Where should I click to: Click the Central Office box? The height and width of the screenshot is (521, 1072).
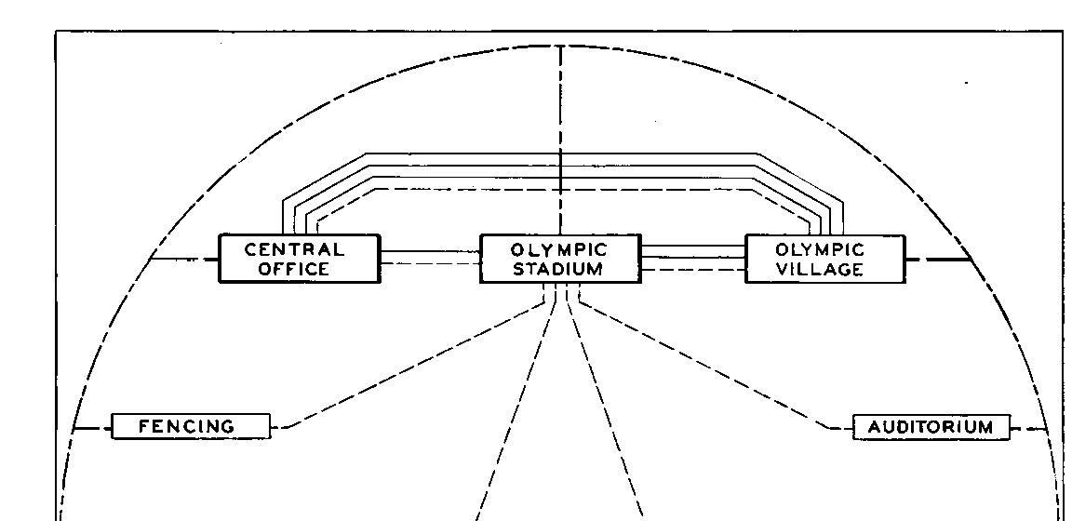(299, 259)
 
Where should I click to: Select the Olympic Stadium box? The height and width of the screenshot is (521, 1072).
(560, 259)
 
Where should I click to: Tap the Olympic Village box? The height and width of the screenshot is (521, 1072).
(824, 259)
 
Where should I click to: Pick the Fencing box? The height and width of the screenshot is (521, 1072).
(191, 427)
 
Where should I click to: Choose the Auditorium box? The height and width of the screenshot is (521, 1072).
(931, 427)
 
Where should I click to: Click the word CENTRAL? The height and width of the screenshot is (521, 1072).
(294, 249)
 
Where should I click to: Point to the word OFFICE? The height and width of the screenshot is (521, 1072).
(294, 269)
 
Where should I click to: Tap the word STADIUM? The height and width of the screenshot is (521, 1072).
(559, 269)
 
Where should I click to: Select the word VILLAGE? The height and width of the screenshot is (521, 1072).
(819, 269)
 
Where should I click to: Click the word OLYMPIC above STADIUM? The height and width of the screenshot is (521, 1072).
(559, 249)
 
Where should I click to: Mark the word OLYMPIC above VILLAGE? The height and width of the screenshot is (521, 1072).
(819, 249)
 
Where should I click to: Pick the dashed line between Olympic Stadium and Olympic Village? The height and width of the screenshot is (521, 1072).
(693, 270)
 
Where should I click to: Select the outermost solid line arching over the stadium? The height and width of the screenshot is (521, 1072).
(558, 154)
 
